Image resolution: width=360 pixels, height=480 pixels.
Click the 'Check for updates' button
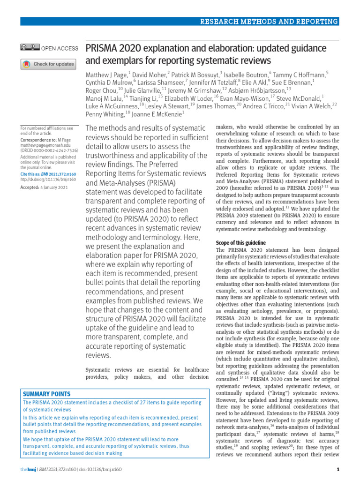(48, 64)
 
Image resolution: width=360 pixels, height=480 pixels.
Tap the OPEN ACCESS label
(60, 47)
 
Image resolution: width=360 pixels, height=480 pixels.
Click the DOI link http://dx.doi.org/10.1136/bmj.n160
(48, 179)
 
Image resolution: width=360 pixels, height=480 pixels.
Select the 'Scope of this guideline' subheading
(240, 243)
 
